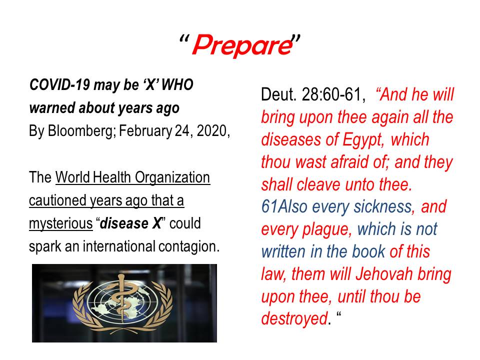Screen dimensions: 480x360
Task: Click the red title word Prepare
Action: [x=242, y=45]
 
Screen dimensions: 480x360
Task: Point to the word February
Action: [x=145, y=131]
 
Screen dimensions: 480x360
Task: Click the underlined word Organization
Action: [x=172, y=178]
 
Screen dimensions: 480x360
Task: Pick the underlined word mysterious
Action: [x=60, y=224]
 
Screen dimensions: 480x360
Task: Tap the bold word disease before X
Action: [x=124, y=223]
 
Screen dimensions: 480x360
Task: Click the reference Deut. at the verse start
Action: [x=279, y=94]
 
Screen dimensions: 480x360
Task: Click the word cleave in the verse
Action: [x=318, y=185]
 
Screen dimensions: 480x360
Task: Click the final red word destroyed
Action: [x=294, y=318]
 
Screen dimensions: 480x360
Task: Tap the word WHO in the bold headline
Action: [x=177, y=85]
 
